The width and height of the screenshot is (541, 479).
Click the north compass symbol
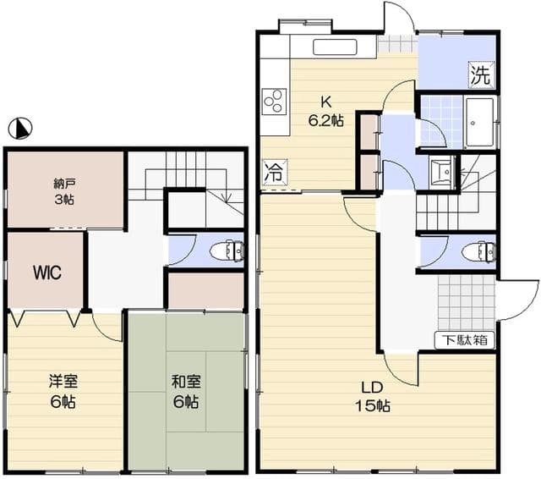pyautogui.click(x=20, y=128)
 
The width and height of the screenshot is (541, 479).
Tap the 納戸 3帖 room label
pyautogui.click(x=64, y=191)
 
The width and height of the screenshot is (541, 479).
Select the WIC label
pyautogui.click(x=47, y=273)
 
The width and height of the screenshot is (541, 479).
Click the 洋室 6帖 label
pyautogui.click(x=63, y=391)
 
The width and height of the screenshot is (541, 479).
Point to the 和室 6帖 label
pyautogui.click(x=186, y=391)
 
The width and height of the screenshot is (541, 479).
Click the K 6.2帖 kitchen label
pyautogui.click(x=325, y=112)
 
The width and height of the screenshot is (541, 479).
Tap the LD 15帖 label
pyautogui.click(x=373, y=397)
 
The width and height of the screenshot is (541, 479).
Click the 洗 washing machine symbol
pyautogui.click(x=481, y=74)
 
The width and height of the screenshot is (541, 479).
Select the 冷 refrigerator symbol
pyautogui.click(x=275, y=172)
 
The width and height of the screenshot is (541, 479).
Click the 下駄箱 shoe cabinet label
pyautogui.click(x=465, y=340)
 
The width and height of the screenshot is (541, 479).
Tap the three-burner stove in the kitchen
pyautogui.click(x=274, y=102)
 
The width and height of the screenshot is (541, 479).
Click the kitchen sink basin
pyautogui.click(x=335, y=47)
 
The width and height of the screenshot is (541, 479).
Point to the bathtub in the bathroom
pyautogui.click(x=480, y=122)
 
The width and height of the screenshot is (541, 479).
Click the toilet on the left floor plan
pyautogui.click(x=227, y=250)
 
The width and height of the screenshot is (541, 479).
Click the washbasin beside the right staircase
pyautogui.click(x=441, y=172)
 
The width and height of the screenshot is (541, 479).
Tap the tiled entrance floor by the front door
pyautogui.click(x=466, y=303)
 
